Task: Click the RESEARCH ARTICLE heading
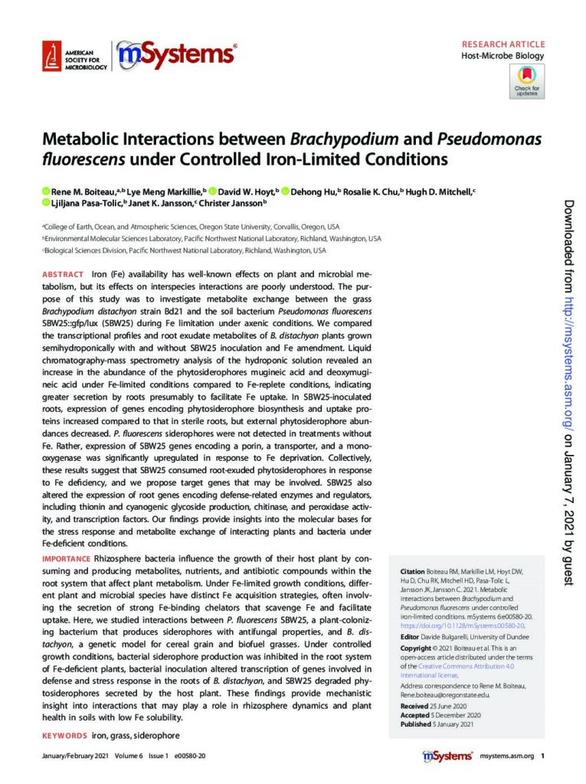pyautogui.click(x=503, y=44)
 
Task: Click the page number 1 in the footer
pyautogui.click(x=542, y=756)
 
